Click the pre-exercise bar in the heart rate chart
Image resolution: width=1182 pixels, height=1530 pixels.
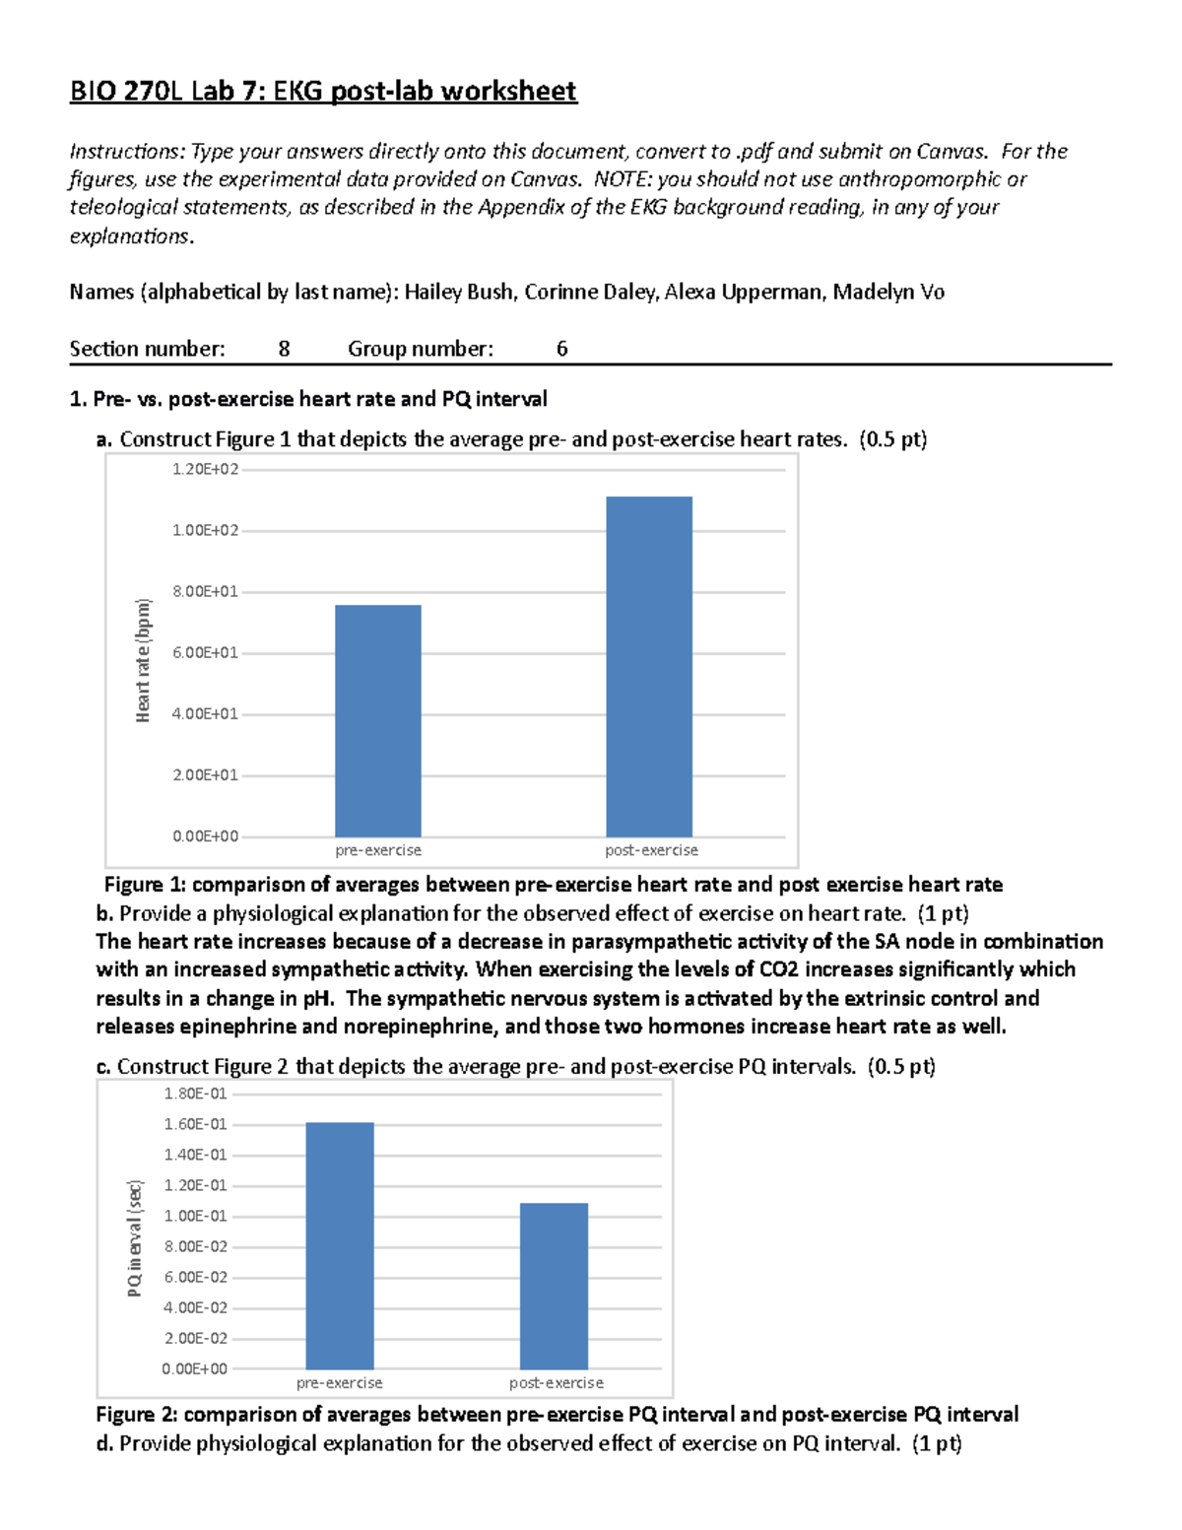click(377, 720)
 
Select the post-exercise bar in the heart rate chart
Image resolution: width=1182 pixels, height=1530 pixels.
click(648, 666)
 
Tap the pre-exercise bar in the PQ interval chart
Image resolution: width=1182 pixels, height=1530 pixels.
click(339, 1245)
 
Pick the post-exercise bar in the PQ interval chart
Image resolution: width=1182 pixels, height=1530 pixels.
click(554, 1286)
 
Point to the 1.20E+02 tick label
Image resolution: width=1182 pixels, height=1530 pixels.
click(205, 470)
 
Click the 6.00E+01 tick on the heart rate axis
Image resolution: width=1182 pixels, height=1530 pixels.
click(205, 653)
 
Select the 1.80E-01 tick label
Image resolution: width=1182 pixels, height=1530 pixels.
click(195, 1094)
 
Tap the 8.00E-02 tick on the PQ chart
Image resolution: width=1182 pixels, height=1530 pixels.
click(195, 1246)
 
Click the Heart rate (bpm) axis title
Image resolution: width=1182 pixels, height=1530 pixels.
click(144, 660)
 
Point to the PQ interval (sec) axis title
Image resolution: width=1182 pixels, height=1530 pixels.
click(135, 1237)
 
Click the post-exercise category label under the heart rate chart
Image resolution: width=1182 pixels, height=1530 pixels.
click(651, 850)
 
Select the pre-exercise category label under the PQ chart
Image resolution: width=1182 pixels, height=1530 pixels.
click(339, 1383)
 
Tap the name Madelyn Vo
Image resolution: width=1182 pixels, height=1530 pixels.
click(888, 292)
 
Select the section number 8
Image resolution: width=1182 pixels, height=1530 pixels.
click(284, 349)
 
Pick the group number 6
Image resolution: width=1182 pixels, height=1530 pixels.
click(561, 349)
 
